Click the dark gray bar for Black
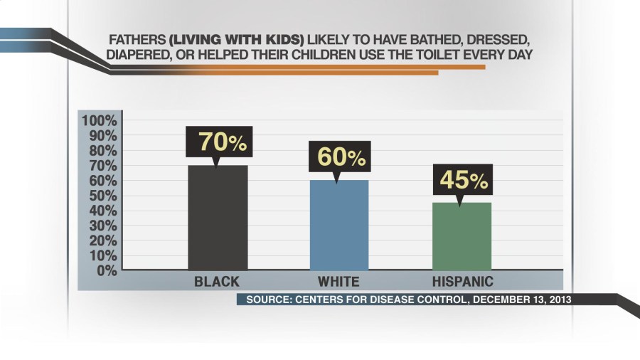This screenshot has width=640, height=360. click(218, 217)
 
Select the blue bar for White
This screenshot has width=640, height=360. click(338, 225)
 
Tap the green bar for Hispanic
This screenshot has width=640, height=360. click(461, 236)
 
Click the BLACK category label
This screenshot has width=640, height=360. click(217, 281)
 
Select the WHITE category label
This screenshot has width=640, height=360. click(338, 281)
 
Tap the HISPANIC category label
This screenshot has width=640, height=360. click(463, 281)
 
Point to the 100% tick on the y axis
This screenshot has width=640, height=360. click(98, 120)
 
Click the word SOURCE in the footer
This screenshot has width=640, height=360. click(267, 300)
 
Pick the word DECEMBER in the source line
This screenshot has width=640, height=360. click(498, 300)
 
